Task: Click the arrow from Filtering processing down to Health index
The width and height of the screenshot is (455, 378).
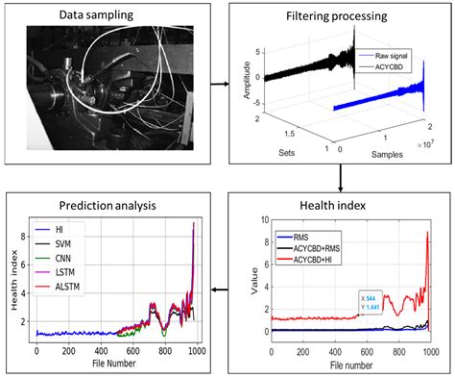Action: pos(341,177)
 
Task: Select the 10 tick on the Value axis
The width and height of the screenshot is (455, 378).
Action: pos(263,220)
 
